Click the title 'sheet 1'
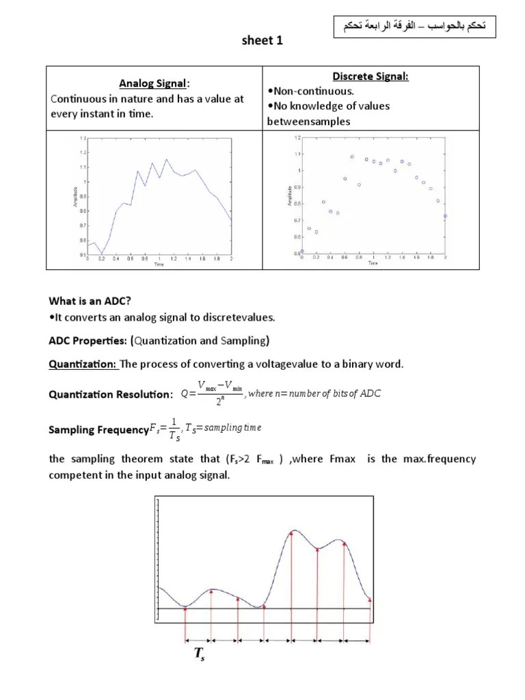(262, 41)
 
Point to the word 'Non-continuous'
(307, 91)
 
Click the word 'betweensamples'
(308, 121)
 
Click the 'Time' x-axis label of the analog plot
(159, 263)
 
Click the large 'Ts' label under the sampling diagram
(199, 654)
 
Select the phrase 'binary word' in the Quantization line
(375, 364)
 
